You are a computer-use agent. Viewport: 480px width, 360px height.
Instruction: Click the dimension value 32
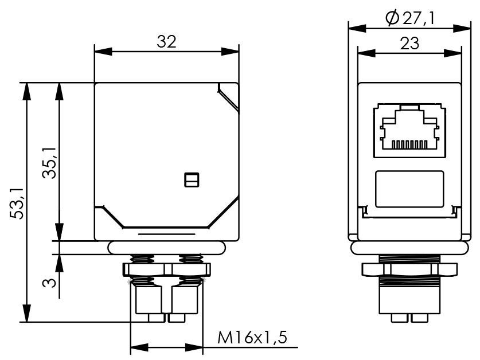pyautogui.click(x=166, y=41)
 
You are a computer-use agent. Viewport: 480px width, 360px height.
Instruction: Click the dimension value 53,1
pyautogui.click(x=18, y=202)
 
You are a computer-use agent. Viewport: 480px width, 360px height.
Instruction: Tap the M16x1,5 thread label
pyautogui.click(x=252, y=338)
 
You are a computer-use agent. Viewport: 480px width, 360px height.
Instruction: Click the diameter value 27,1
pyautogui.click(x=417, y=18)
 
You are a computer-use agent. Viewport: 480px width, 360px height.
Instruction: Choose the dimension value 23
pyautogui.click(x=410, y=43)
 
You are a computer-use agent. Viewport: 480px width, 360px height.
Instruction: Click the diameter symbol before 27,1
pyautogui.click(x=392, y=18)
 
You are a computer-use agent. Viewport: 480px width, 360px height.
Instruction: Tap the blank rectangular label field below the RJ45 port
pyautogui.click(x=409, y=189)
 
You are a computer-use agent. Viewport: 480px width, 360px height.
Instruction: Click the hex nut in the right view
pyautogui.click(x=409, y=269)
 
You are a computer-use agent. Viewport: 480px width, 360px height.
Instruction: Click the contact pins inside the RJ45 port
pyautogui.click(x=409, y=144)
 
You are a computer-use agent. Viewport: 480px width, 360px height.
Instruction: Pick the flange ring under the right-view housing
pyautogui.click(x=409, y=247)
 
